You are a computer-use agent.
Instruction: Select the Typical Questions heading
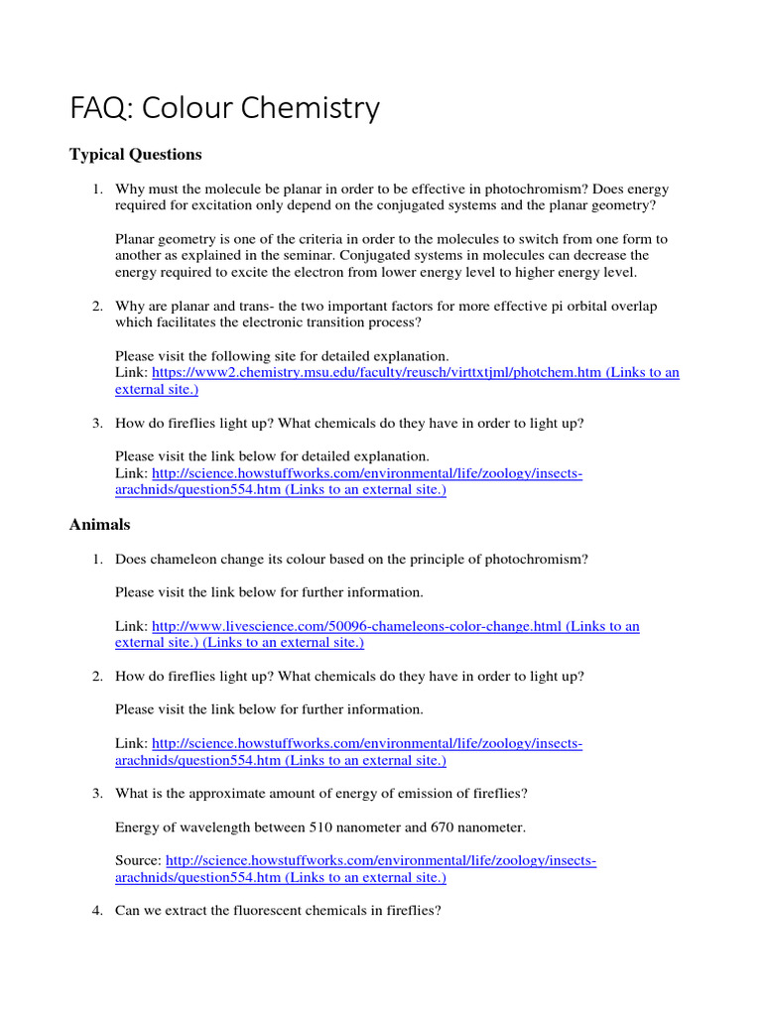pos(135,155)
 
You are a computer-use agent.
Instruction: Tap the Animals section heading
pos(99,524)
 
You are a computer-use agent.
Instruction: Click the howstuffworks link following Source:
pos(381,860)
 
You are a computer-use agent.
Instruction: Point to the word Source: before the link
pos(138,860)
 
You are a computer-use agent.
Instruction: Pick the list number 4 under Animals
pos(97,911)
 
